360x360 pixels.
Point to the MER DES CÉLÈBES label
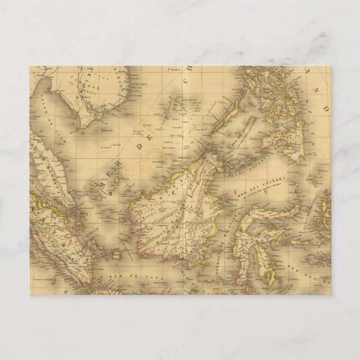[262, 184]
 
